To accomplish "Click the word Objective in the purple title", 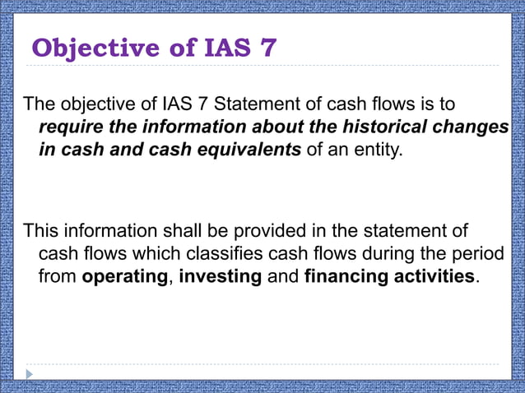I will coord(94,48).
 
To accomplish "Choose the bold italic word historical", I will coord(400,128).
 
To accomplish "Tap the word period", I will coord(472,253).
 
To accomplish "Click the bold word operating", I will coord(124,276).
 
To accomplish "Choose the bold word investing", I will coord(221,276).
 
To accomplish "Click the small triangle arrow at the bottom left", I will coord(30,374).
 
